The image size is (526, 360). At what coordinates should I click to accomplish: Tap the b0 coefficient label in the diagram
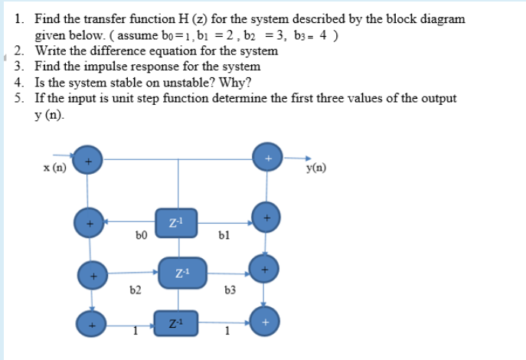click(140, 237)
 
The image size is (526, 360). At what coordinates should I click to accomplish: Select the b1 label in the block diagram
click(224, 237)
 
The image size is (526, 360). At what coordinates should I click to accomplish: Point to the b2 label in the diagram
click(136, 290)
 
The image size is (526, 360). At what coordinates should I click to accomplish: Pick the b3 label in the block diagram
click(230, 290)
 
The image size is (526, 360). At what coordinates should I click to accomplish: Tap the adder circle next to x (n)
click(87, 161)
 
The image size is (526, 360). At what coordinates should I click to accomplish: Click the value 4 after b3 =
click(325, 35)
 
